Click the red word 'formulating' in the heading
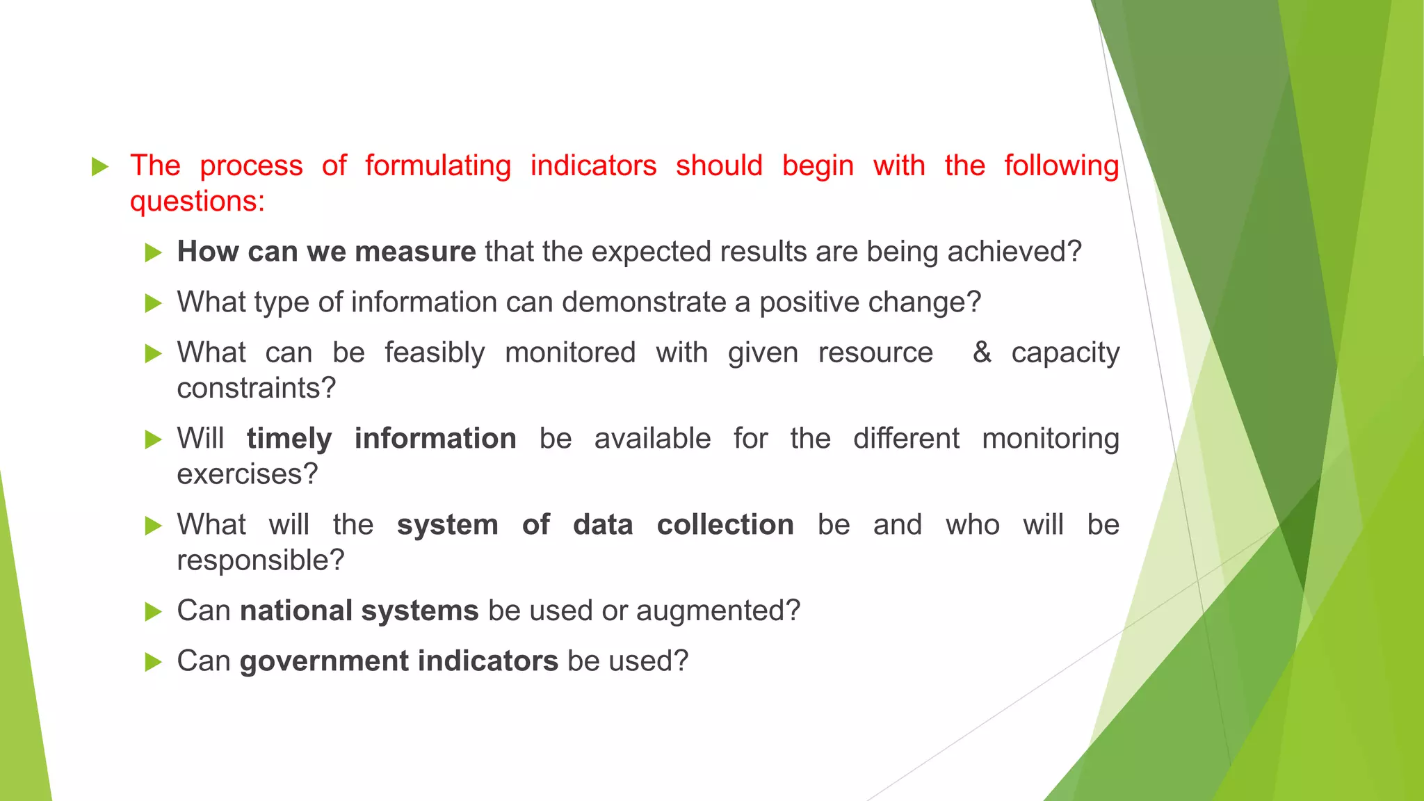(438, 166)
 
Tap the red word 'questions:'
(197, 202)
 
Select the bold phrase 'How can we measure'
(326, 252)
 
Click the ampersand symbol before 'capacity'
(982, 352)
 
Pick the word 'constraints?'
(257, 388)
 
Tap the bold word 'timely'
(289, 439)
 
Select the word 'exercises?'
(248, 474)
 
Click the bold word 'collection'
(725, 525)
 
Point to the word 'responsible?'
(261, 560)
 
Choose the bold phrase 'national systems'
(359, 610)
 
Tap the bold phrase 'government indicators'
(398, 661)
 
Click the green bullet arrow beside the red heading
(100, 167)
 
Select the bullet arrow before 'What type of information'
(153, 303)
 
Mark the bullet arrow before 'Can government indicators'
(153, 662)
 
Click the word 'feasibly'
(435, 353)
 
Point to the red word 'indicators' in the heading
(593, 166)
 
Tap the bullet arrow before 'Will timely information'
(153, 439)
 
